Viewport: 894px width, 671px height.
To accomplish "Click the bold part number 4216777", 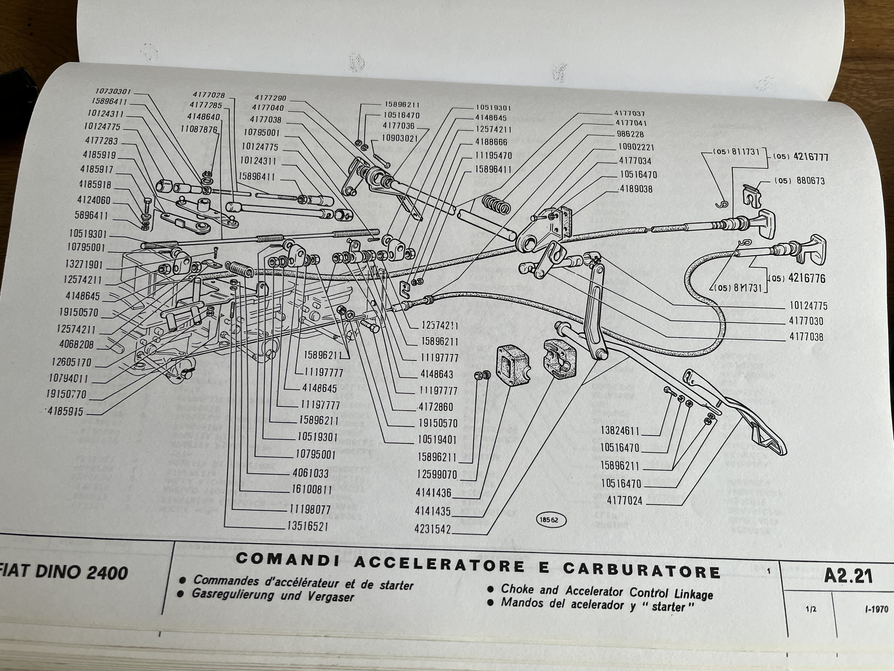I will [810, 157].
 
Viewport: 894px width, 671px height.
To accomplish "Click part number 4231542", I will [432, 529].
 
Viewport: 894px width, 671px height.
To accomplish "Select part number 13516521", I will [307, 526].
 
